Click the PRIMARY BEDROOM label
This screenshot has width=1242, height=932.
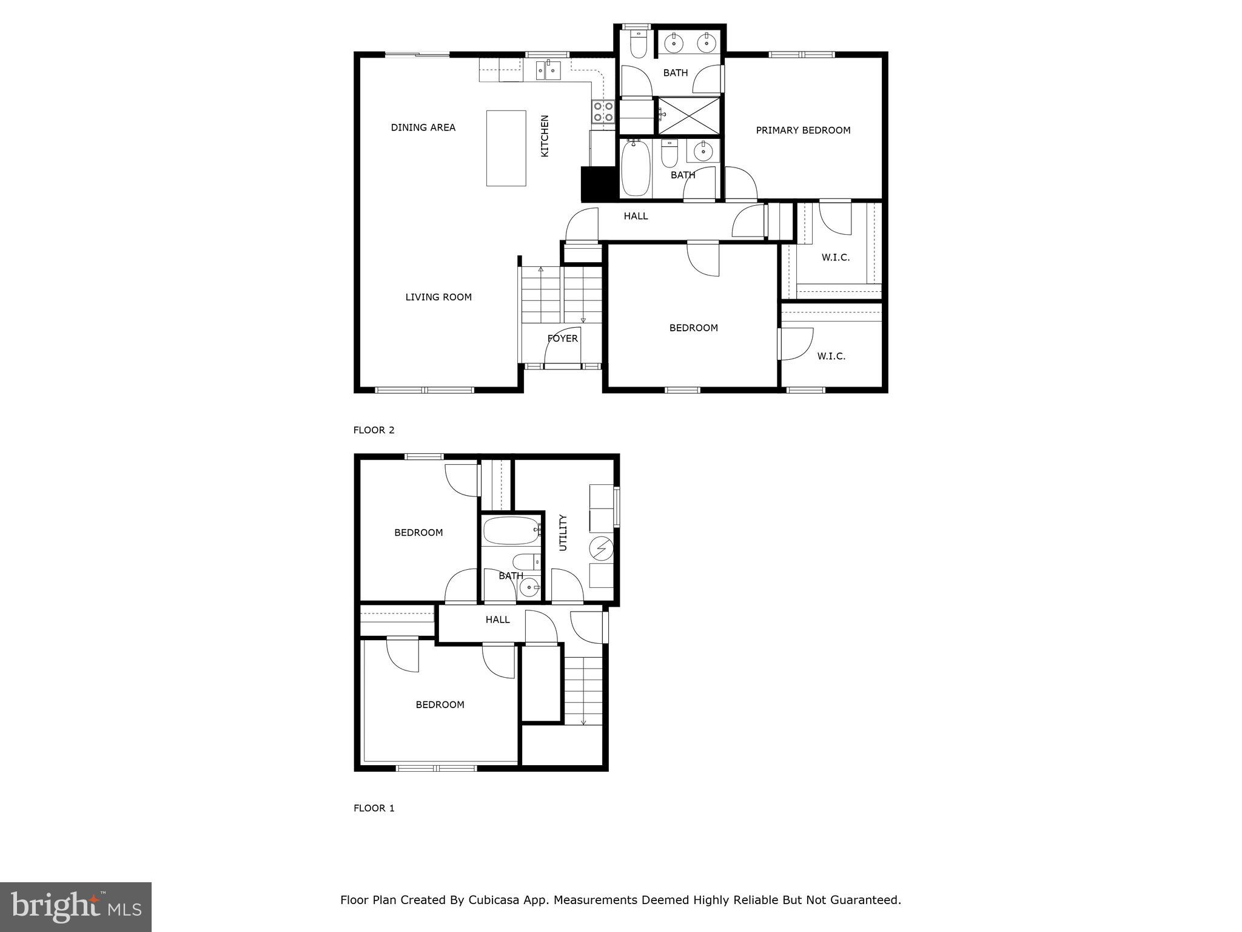pos(803,130)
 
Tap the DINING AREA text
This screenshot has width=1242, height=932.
pos(423,127)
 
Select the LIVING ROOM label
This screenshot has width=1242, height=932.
pos(438,297)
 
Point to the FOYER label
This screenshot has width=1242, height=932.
pos(563,339)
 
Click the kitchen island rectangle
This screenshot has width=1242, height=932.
pos(506,148)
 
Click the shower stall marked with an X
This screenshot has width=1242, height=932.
pos(690,115)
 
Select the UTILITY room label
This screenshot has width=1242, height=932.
pos(563,533)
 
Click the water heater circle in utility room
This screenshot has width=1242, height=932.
pos(601,550)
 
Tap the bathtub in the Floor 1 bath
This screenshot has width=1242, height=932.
pos(511,531)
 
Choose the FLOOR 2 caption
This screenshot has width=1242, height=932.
pos(374,430)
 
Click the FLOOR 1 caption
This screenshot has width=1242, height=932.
pos(374,808)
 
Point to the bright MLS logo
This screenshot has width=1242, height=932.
pos(76,907)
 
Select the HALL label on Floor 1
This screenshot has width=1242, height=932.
pos(497,620)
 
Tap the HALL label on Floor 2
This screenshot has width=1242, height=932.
pos(636,216)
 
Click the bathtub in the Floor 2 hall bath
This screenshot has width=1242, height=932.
pos(635,169)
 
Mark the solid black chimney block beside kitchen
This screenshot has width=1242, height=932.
pos(599,184)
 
